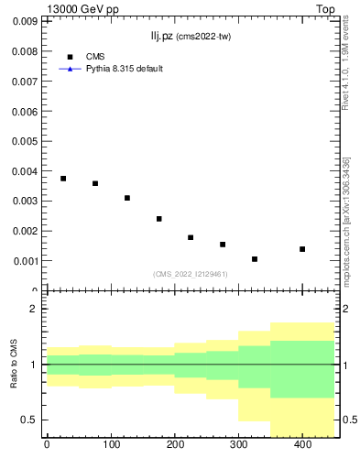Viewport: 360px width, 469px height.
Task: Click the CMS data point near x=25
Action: click(x=63, y=179)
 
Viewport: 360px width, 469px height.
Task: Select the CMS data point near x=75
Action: click(x=95, y=183)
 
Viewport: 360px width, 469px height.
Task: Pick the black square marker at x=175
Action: click(x=159, y=219)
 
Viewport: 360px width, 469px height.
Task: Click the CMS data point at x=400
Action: click(x=302, y=249)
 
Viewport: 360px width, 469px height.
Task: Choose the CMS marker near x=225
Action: click(x=191, y=237)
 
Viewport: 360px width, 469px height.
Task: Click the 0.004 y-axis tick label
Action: click(x=25, y=171)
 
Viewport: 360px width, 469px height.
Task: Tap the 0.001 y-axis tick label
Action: click(x=25, y=261)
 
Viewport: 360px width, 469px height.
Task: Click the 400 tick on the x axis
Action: click(x=302, y=445)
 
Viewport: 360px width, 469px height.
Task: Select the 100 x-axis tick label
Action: click(x=111, y=445)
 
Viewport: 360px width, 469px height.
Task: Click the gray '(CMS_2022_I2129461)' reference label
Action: click(x=190, y=274)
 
